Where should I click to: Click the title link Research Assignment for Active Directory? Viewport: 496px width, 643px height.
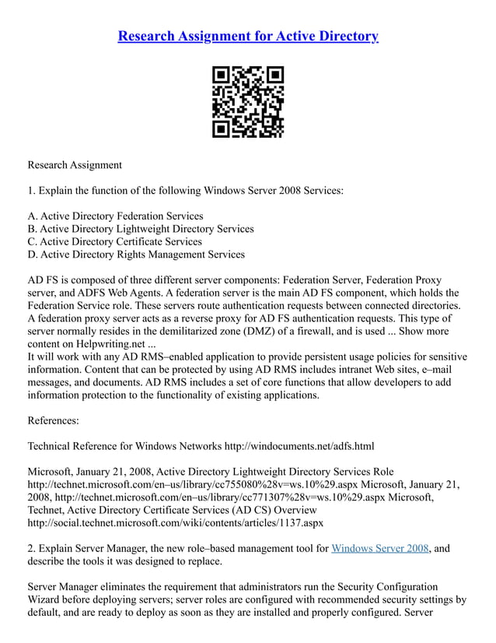click(248, 36)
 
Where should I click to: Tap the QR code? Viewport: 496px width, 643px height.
click(248, 102)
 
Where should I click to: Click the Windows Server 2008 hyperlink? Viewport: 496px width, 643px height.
click(379, 548)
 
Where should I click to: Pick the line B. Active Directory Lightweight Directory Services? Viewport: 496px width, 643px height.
click(141, 229)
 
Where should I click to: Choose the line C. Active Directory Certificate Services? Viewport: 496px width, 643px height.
click(114, 241)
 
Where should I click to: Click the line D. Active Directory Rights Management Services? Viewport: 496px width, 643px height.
click(136, 255)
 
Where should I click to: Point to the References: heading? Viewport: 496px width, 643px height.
click(53, 420)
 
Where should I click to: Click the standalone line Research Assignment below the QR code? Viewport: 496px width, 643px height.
click(75, 165)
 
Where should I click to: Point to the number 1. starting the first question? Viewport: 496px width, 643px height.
click(32, 190)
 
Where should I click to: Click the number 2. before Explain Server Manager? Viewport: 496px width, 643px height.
click(32, 548)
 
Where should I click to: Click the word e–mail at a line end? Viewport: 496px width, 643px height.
click(449, 370)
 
